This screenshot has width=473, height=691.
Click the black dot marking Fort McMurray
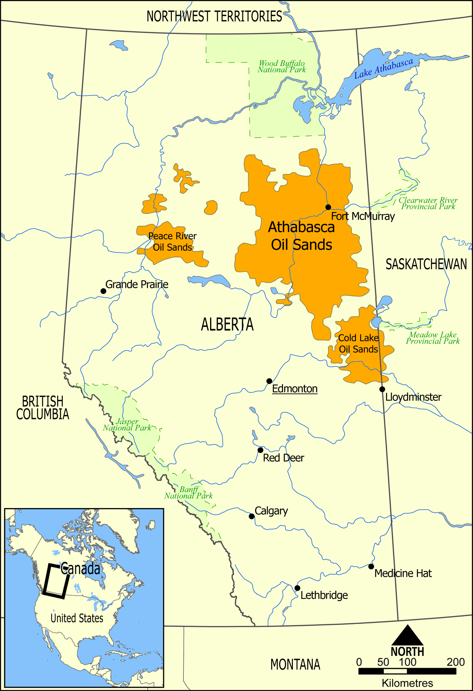coord(328,207)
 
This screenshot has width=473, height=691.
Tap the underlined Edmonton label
coord(294,389)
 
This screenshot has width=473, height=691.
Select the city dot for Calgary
coord(251,516)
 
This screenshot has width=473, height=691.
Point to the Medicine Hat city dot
coord(371,566)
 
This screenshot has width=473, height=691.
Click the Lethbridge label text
coord(324,595)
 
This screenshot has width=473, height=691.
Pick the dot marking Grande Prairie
coord(103,291)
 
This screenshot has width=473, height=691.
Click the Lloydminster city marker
coord(382,389)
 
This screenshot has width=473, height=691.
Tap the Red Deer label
coord(283,458)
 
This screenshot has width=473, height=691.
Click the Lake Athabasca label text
coord(383,68)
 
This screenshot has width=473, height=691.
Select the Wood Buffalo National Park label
coord(281,66)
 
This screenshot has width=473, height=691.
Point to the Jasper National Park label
coord(127,425)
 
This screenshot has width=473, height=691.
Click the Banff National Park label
coord(188,492)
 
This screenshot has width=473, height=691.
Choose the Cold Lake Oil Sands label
coord(358,343)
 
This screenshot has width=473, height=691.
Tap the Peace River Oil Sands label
coord(172,241)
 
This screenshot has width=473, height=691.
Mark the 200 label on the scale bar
coord(456,662)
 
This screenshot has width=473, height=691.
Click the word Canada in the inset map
coord(80,568)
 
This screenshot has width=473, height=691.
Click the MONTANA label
coord(295,665)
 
